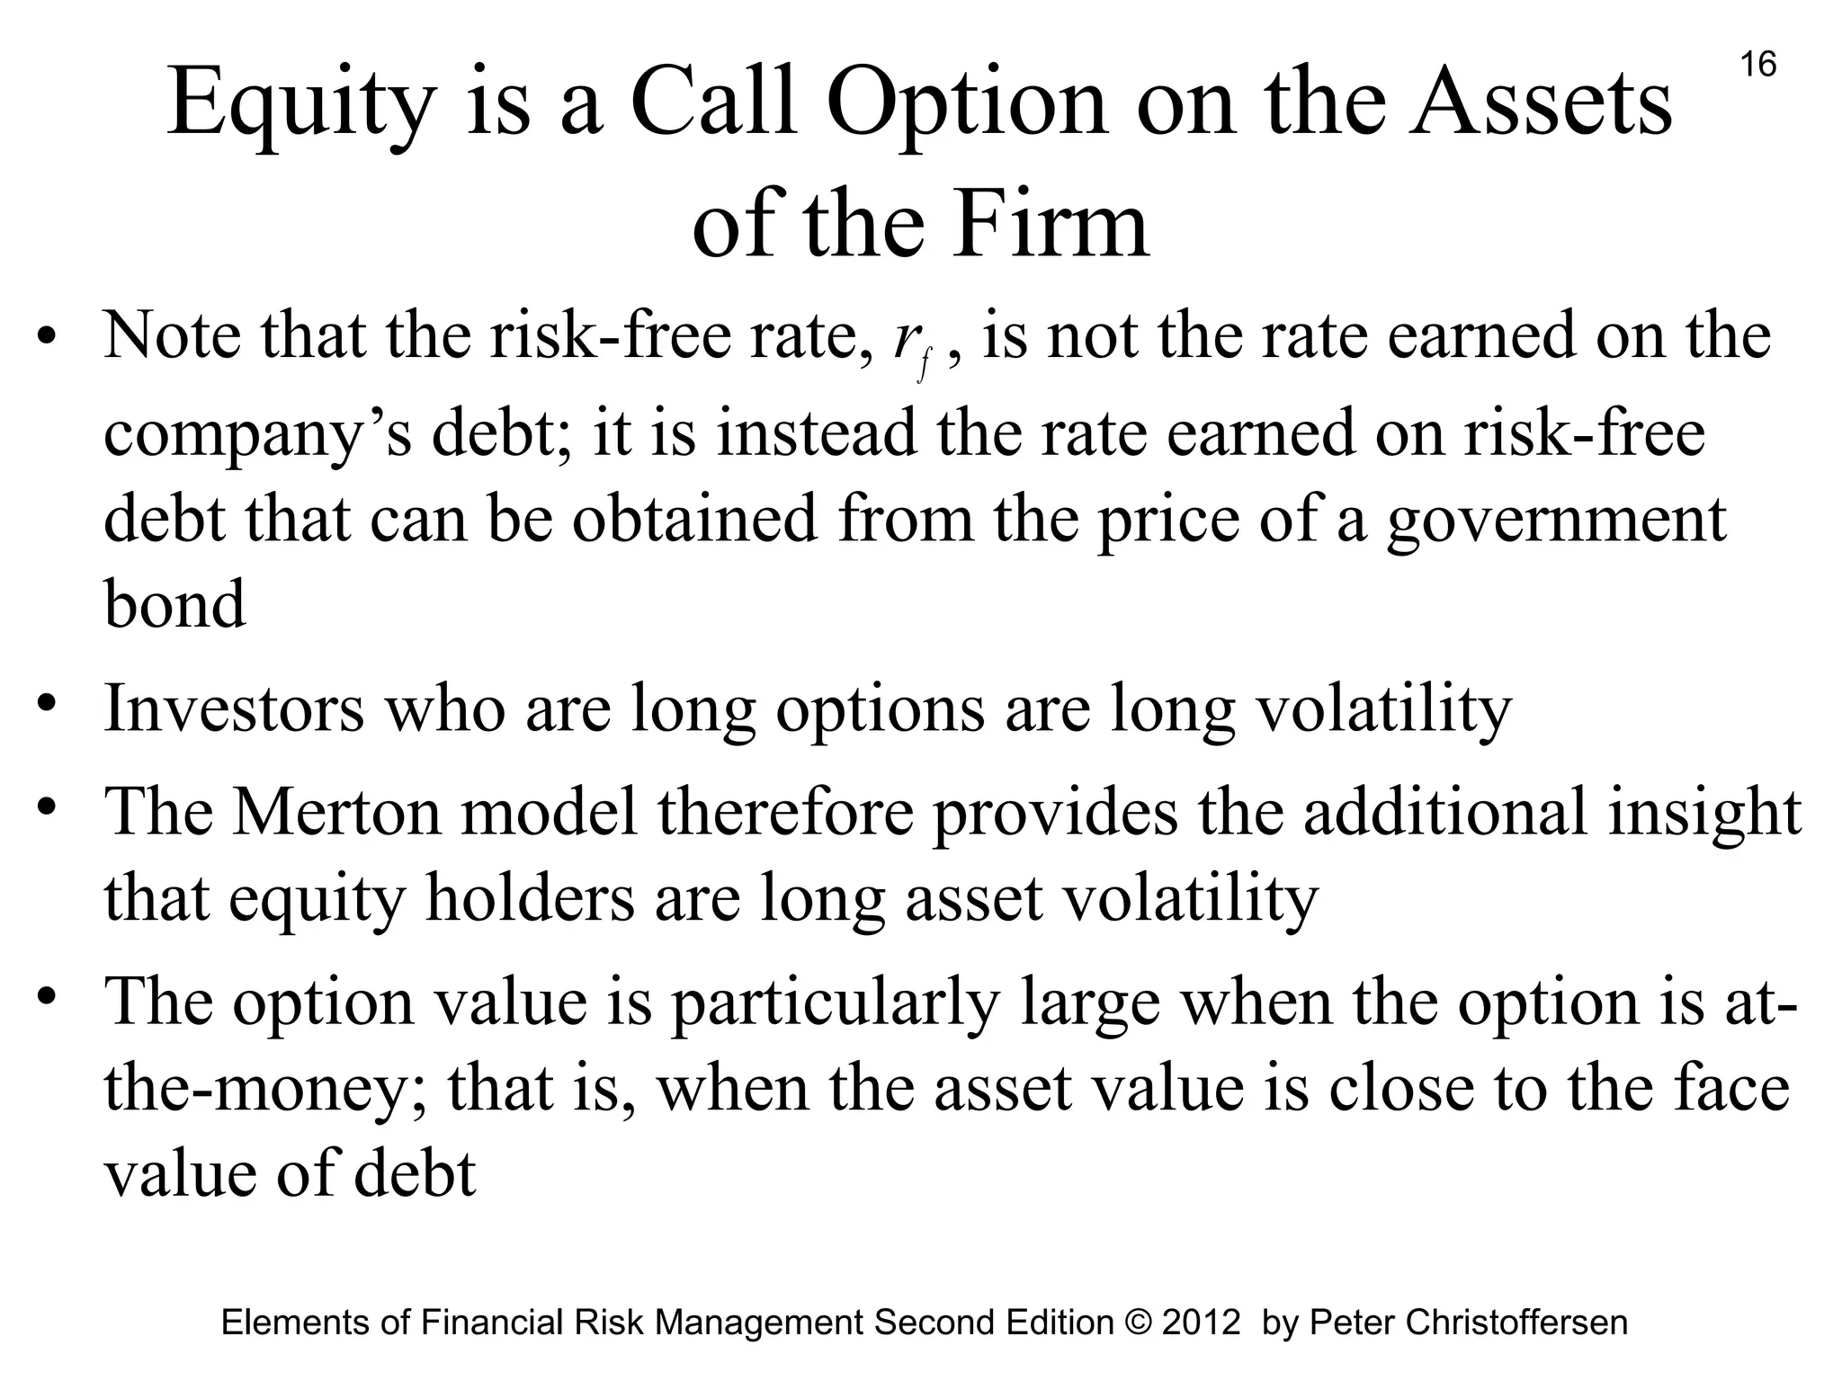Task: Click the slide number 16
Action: tap(1758, 65)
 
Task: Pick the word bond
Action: tap(174, 604)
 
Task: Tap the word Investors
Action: tap(234, 708)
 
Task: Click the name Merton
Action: tap(336, 811)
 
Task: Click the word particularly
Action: tap(836, 1002)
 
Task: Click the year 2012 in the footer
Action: tap(1202, 1323)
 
